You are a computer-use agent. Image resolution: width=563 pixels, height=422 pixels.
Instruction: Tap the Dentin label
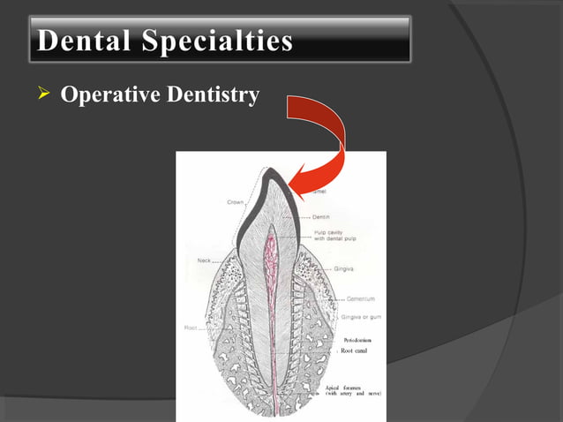tap(321, 216)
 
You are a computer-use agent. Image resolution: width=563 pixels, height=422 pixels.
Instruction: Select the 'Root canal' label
tap(353, 350)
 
